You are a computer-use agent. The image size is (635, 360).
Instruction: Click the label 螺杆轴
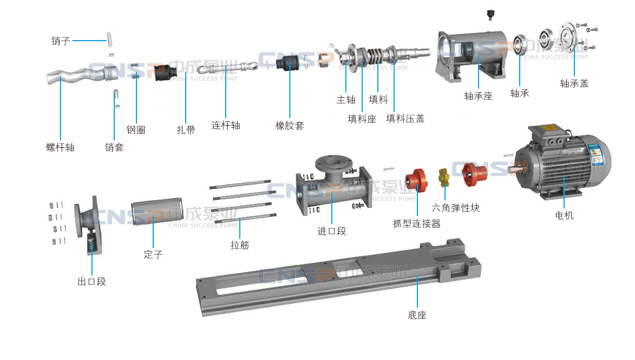[60, 147]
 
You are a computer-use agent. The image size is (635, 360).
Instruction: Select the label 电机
[564, 215]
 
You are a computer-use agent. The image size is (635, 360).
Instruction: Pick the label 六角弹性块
[455, 207]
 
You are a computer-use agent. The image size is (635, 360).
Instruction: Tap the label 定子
[153, 254]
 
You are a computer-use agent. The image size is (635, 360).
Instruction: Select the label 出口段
[91, 282]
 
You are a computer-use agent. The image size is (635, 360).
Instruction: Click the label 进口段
[331, 231]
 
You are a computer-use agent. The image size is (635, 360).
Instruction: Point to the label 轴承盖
[574, 83]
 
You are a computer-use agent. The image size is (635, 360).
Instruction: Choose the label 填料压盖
[405, 118]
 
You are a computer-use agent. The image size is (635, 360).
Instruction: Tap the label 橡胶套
[290, 126]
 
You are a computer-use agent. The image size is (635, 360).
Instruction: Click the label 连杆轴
[226, 126]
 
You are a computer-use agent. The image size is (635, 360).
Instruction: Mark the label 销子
[61, 41]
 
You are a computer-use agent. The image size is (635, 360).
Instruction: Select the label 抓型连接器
[416, 223]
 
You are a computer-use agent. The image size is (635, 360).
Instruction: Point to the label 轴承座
[479, 96]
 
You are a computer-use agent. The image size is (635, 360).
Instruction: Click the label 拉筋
[240, 245]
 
